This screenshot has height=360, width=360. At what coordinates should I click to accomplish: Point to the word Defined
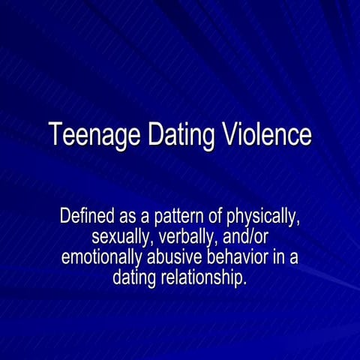87,217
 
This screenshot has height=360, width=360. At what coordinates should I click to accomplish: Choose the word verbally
184,238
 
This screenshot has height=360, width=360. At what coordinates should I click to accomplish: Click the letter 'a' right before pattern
147,218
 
